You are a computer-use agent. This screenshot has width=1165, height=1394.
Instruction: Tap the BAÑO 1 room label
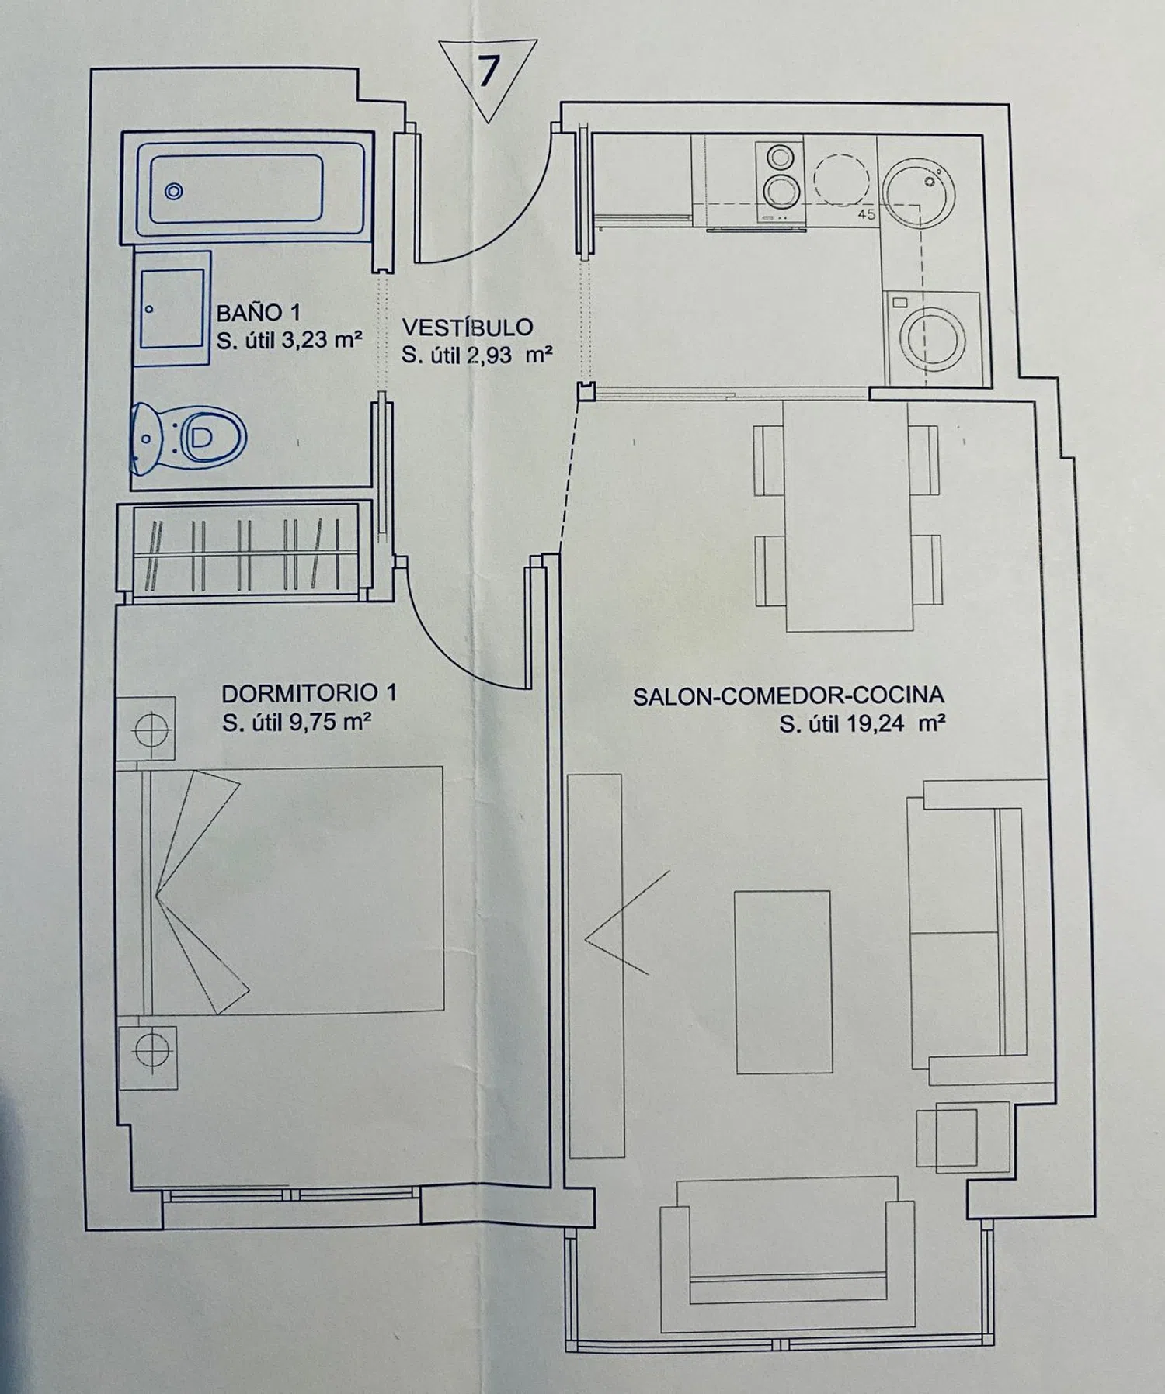[259, 313]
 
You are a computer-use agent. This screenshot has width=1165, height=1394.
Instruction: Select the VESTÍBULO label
[468, 328]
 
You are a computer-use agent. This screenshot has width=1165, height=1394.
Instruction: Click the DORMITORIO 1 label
[309, 692]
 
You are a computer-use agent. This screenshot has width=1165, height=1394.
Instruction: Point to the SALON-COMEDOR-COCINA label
[788, 696]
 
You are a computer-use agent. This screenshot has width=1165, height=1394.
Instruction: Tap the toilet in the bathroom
[189, 438]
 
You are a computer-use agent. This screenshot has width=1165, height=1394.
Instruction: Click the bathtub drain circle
[174, 191]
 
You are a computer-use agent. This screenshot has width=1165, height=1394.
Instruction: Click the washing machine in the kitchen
[934, 338]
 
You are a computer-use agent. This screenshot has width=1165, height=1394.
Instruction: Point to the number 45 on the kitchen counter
[867, 214]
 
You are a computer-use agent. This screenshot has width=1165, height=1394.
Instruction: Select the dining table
[847, 515]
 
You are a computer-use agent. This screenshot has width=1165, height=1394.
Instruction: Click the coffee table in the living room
[783, 982]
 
